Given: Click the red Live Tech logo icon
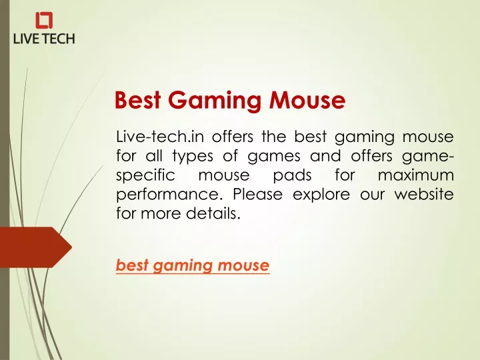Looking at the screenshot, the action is [x=44, y=20].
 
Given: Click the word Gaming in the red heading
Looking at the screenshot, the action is [x=214, y=101].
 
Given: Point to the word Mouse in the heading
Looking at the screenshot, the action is [x=307, y=100].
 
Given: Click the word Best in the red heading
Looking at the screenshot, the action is [x=137, y=100].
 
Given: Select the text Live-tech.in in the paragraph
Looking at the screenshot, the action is [x=160, y=137].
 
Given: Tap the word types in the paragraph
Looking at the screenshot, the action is [x=193, y=157].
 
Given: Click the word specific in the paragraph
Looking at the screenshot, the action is [x=145, y=176].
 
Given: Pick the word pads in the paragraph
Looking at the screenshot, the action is [x=292, y=175].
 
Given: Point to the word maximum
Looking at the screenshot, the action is [x=416, y=175].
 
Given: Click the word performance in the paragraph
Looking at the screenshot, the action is [x=169, y=195].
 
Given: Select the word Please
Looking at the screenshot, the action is [x=257, y=194].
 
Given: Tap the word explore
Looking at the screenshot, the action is [x=321, y=195].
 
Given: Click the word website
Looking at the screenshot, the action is [x=424, y=194].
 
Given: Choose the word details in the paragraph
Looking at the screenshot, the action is [x=213, y=213].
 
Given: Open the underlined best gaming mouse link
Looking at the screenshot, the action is [x=193, y=265].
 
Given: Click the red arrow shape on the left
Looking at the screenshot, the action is [x=36, y=247].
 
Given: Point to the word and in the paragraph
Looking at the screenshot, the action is [x=325, y=156].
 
